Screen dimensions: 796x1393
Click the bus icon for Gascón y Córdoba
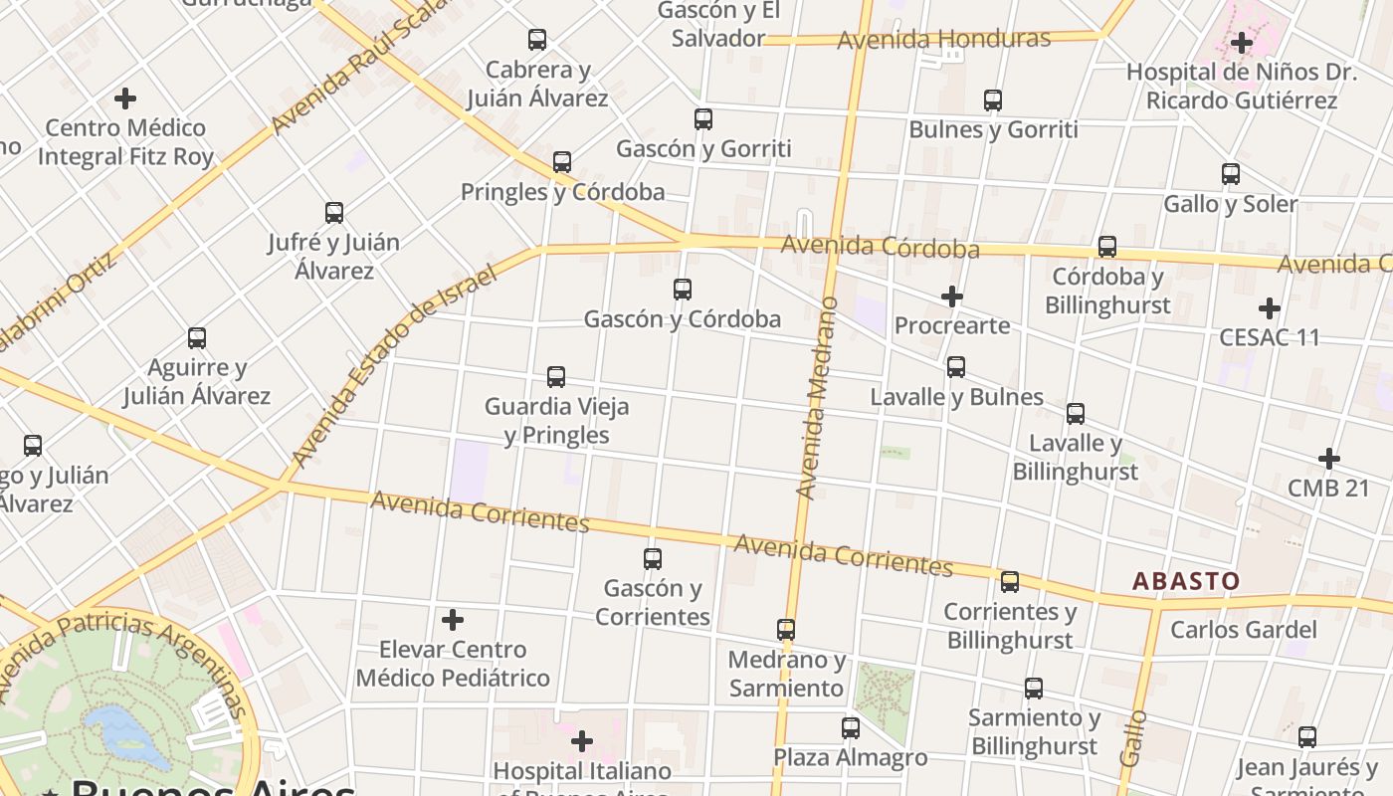pyautogui.click(x=683, y=290)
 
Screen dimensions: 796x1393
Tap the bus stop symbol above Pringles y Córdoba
pyautogui.click(x=562, y=162)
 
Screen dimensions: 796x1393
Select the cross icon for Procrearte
pyautogui.click(x=952, y=297)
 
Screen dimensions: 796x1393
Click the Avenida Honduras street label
pyautogui.click(x=943, y=40)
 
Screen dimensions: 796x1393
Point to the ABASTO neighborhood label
pyautogui.click(x=1186, y=581)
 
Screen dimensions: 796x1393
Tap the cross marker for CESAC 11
pyautogui.click(x=1270, y=307)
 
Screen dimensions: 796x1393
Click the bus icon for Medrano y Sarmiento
pyautogui.click(x=786, y=630)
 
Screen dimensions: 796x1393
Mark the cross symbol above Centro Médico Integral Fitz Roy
pyautogui.click(x=125, y=99)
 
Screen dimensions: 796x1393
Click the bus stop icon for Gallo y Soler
pyautogui.click(x=1231, y=174)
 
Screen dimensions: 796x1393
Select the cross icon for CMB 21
pyautogui.click(x=1329, y=459)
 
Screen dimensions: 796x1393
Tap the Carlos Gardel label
pyautogui.click(x=1243, y=630)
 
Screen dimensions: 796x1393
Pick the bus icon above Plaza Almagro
pyautogui.click(x=851, y=728)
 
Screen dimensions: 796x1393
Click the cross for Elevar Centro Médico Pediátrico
pyautogui.click(x=453, y=620)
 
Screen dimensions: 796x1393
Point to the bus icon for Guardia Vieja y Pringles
pyautogui.click(x=556, y=377)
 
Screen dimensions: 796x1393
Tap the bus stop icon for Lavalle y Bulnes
pyautogui.click(x=956, y=367)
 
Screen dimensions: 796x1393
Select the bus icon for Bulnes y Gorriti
pyautogui.click(x=993, y=100)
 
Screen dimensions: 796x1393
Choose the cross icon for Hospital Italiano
pyautogui.click(x=582, y=741)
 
